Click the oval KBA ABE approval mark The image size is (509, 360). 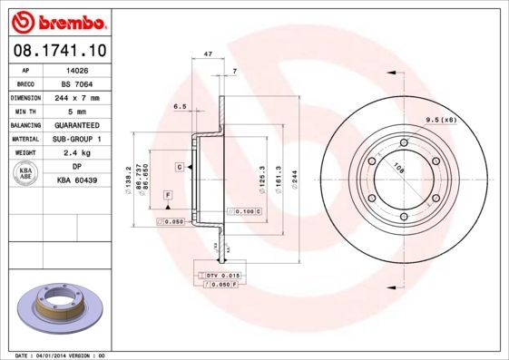[25, 174]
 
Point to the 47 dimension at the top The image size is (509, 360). [209, 54]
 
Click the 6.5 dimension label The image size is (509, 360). [180, 106]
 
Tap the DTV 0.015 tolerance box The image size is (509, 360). [221, 275]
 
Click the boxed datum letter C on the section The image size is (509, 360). [181, 168]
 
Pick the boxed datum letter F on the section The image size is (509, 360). [168, 195]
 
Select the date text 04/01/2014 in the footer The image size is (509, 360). [60, 355]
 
